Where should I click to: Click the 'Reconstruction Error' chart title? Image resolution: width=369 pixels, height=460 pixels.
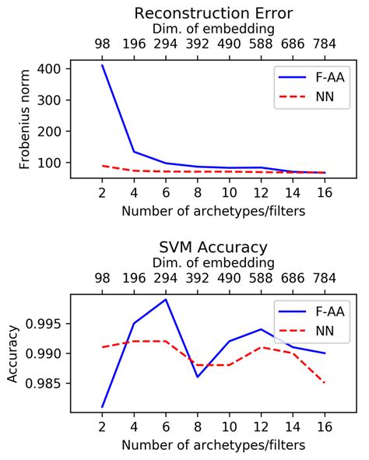click(213, 12)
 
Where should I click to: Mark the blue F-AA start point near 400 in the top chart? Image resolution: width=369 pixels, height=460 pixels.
click(102, 65)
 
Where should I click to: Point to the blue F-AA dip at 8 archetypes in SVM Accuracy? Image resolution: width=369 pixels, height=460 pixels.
click(197, 377)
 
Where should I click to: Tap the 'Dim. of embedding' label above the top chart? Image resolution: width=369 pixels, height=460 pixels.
click(213, 30)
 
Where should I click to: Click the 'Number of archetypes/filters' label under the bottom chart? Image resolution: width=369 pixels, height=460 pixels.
click(213, 444)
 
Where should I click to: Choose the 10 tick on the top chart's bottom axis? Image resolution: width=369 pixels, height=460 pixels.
click(229, 191)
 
